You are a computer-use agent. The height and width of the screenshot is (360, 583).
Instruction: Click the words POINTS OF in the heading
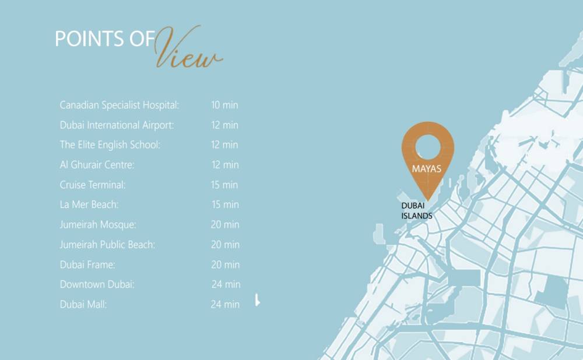click(105, 39)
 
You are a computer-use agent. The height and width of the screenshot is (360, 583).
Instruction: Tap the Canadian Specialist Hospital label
click(119, 105)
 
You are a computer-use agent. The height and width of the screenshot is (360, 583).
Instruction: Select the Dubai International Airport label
click(117, 125)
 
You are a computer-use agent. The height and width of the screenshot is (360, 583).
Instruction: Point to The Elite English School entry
click(110, 145)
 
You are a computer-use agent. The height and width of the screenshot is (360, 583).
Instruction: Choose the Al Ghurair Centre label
click(97, 165)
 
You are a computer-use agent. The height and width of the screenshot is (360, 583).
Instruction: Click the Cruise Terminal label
click(93, 185)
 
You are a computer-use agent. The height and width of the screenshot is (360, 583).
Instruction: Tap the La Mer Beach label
click(89, 204)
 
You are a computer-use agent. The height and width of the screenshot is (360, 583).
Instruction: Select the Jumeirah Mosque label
click(98, 225)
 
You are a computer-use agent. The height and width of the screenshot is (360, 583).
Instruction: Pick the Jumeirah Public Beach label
click(107, 245)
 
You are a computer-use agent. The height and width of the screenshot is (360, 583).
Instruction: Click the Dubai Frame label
click(87, 264)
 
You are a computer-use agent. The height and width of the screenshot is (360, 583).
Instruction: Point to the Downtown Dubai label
click(97, 284)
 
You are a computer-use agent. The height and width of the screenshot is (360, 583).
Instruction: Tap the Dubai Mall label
click(83, 304)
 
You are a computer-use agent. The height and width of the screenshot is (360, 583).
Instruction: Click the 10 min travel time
click(224, 105)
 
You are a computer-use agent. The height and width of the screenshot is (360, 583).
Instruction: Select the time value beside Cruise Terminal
click(224, 185)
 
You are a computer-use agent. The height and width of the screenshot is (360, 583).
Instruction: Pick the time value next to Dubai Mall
click(225, 304)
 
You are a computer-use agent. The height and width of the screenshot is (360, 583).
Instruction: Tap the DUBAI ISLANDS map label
click(417, 211)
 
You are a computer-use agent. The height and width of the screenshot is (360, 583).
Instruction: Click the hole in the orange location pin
click(428, 147)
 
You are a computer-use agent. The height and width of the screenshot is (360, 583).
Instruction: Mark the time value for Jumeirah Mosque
click(225, 225)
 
